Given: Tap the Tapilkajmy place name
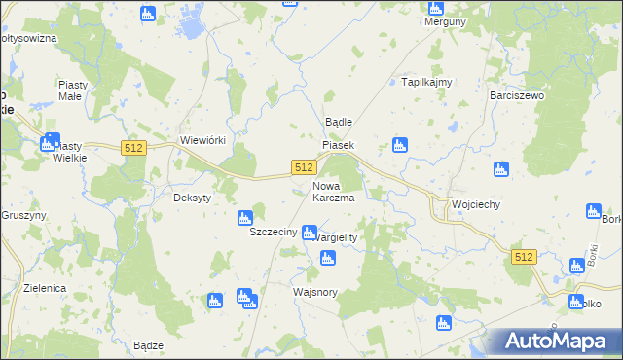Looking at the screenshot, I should [427, 82].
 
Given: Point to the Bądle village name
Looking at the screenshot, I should [338, 122].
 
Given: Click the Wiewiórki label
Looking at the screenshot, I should [202, 140].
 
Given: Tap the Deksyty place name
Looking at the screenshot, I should [192, 194].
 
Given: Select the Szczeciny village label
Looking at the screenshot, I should [273, 234].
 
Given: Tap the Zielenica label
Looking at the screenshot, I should [46, 289].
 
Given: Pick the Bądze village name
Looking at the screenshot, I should [148, 345].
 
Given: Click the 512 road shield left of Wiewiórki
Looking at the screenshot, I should [134, 148].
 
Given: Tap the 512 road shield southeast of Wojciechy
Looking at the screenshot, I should [524, 256].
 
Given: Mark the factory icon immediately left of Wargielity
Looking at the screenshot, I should [310, 233].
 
